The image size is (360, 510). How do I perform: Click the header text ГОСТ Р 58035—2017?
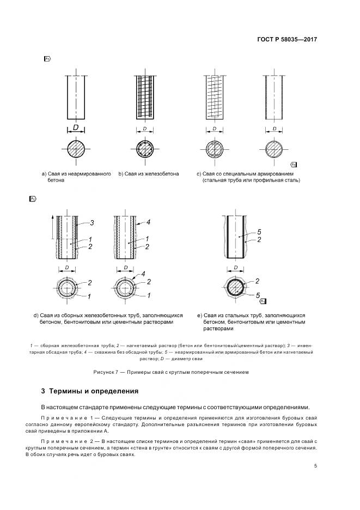[x=286, y=40]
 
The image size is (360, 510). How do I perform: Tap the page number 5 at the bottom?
[x=315, y=466]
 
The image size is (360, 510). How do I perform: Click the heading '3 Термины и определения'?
[x=89, y=391]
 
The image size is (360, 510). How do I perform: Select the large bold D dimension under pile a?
[x=76, y=128]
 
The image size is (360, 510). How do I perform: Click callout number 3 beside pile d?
[x=93, y=222]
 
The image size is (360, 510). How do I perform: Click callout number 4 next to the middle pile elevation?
[x=149, y=222]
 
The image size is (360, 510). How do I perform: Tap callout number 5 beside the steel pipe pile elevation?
[x=260, y=231]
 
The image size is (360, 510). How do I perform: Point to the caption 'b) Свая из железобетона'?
[x=148, y=174]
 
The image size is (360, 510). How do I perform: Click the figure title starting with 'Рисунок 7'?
[x=171, y=373]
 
